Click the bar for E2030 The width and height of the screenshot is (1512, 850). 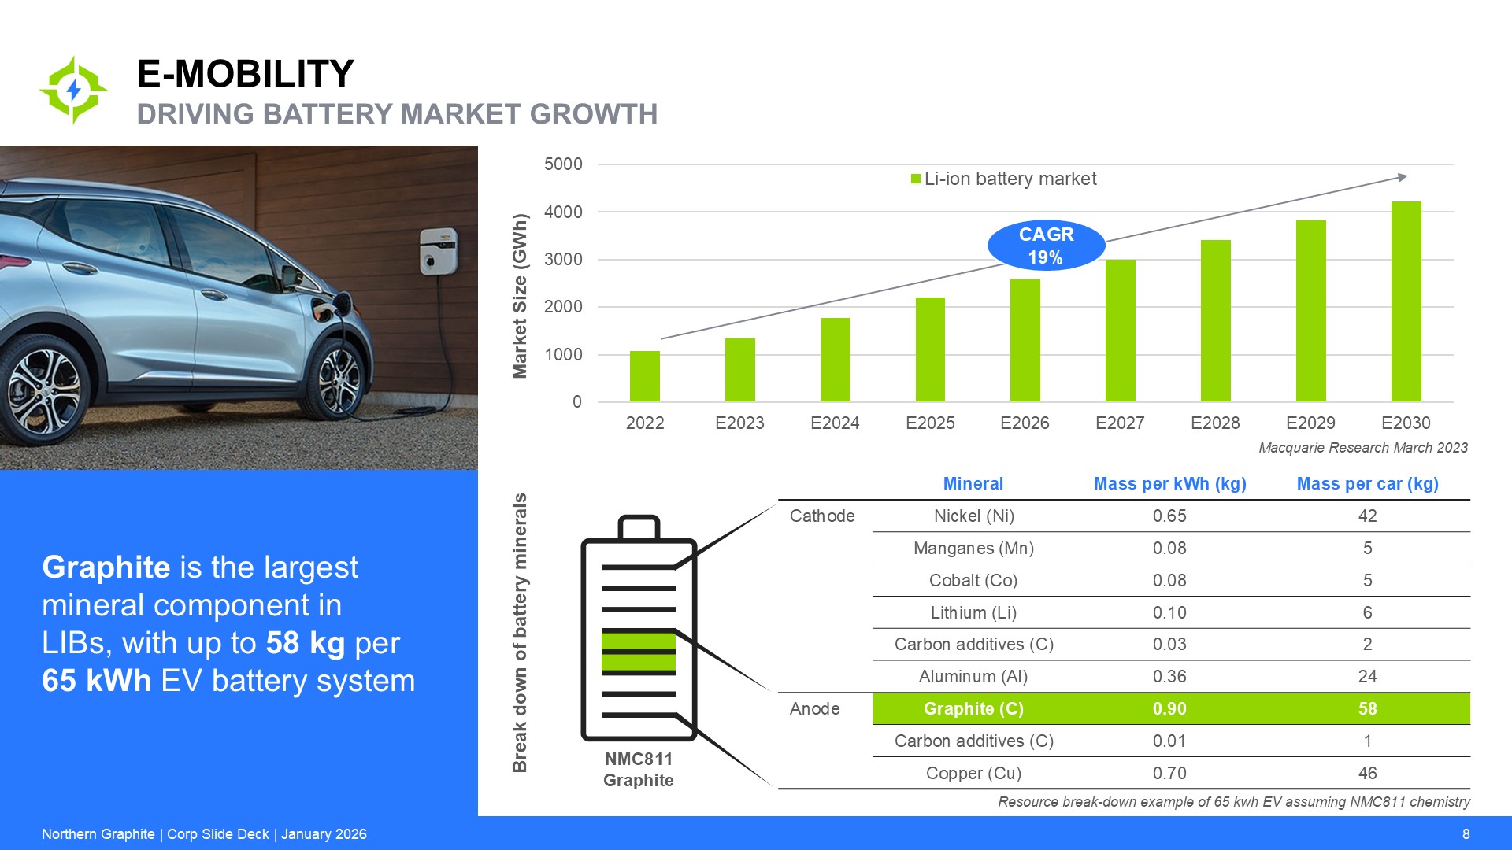click(x=1406, y=302)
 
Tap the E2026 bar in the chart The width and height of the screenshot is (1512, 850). click(x=1025, y=340)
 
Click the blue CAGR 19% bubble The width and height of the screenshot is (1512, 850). click(x=1046, y=246)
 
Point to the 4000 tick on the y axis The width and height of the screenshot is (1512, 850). click(x=563, y=212)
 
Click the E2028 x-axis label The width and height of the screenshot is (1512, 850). click(x=1215, y=423)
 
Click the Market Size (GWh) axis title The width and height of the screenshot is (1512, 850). click(x=520, y=296)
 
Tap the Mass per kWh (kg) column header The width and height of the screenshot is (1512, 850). click(x=1169, y=484)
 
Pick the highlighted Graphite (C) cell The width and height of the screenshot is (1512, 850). click(x=973, y=709)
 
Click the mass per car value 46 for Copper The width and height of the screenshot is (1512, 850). click(x=1367, y=774)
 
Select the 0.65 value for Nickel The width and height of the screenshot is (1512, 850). click(x=1169, y=516)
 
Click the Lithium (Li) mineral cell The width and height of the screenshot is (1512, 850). click(x=973, y=613)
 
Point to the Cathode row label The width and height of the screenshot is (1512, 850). click(x=822, y=516)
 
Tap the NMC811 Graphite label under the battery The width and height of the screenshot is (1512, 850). click(x=638, y=770)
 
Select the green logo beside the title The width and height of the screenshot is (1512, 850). click(x=74, y=90)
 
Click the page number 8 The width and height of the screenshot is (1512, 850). click(x=1466, y=834)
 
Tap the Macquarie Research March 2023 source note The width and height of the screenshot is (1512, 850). click(x=1362, y=448)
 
